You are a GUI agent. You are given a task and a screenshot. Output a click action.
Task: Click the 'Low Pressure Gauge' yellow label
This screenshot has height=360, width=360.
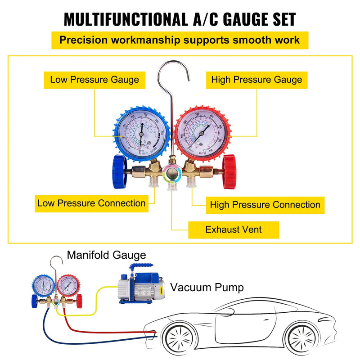(x=94, y=80)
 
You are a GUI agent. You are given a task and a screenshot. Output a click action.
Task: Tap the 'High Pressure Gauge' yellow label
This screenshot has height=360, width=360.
(x=256, y=80)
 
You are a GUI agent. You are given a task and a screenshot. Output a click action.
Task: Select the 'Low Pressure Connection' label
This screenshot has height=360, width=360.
(x=91, y=203)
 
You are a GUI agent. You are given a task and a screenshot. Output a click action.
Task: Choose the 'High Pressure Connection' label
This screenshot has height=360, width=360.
(x=265, y=205)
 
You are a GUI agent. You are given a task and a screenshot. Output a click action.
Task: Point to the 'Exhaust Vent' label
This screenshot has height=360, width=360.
(x=234, y=229)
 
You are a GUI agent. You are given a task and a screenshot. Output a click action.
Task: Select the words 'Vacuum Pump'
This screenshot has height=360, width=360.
(x=207, y=287)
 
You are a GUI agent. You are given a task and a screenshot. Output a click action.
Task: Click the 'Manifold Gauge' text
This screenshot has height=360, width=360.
(x=107, y=255)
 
